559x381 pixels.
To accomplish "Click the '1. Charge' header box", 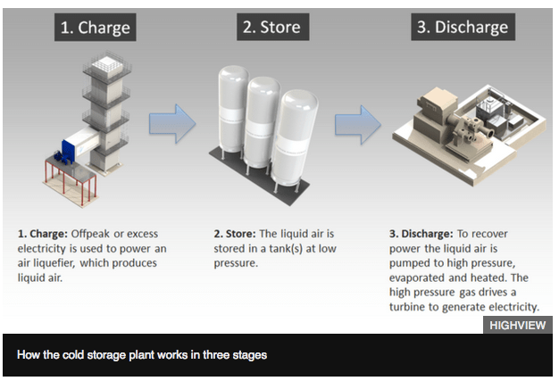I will click(x=95, y=27).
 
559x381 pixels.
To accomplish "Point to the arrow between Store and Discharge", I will click(x=358, y=126).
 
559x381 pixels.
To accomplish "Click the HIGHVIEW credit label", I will click(x=517, y=326).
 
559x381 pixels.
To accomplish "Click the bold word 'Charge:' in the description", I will click(x=52, y=234).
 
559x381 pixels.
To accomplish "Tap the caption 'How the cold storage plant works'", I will click(x=142, y=355).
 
